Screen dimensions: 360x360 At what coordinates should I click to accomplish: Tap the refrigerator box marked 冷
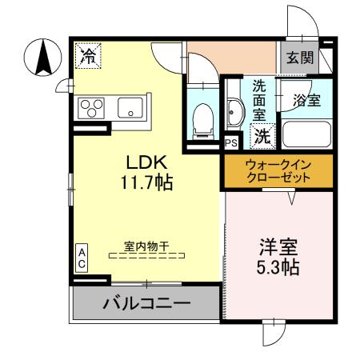coord(90,56)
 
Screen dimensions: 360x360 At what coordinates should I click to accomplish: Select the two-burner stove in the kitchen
coord(91,107)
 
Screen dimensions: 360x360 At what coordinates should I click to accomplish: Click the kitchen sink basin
coord(130,107)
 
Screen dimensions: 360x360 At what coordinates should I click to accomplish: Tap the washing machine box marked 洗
coord(262,137)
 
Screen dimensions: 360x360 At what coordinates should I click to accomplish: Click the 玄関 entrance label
coord(301,58)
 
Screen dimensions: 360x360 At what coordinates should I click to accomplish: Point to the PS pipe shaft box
coord(231,144)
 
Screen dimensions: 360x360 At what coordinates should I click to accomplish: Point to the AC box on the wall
coord(82,258)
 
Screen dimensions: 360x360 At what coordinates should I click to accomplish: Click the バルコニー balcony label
coord(146,304)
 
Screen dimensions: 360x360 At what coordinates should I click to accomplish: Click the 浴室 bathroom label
coord(307,101)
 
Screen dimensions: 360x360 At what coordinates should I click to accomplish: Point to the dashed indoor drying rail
coord(146,256)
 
